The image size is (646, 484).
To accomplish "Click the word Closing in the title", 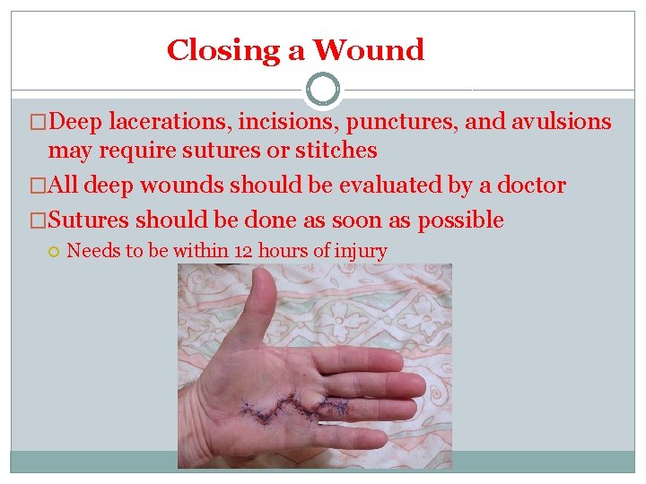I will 226,51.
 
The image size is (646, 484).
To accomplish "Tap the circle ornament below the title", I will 323,90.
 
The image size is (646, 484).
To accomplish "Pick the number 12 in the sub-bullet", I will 243,251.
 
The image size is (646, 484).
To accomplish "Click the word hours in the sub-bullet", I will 284,251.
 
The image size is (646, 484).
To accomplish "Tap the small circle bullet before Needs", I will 54,251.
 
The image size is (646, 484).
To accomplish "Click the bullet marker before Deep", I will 38,123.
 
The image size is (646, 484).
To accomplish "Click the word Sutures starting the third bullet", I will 89,220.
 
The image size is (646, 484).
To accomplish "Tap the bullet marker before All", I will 38,186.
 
